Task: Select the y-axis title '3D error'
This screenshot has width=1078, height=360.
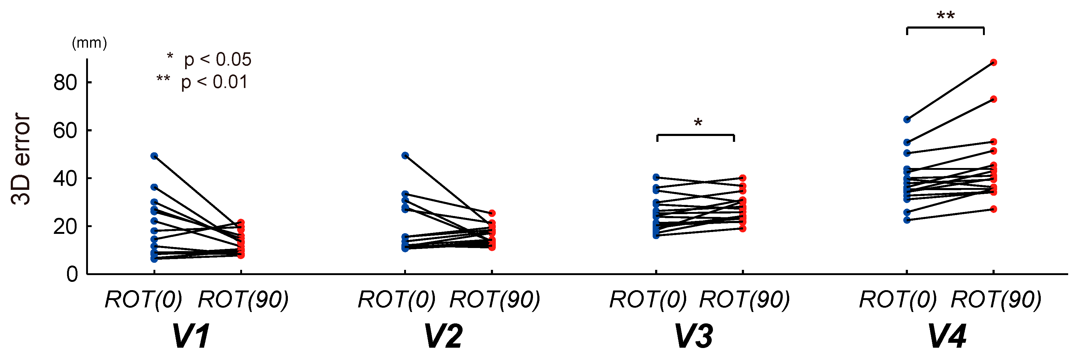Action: click(21, 159)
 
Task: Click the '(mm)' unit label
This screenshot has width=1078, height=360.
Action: click(89, 43)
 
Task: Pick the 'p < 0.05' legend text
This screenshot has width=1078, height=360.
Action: click(218, 60)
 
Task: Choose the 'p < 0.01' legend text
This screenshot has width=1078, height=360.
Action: click(214, 82)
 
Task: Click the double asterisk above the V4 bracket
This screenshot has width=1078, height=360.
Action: click(945, 16)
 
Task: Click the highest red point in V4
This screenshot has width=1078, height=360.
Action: click(993, 63)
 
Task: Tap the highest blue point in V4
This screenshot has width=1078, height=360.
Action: click(907, 120)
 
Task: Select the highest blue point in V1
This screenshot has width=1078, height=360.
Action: click(154, 156)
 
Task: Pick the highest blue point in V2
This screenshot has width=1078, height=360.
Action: click(405, 156)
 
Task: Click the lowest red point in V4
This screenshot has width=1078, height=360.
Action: click(993, 209)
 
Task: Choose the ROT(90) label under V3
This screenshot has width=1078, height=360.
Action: click(745, 300)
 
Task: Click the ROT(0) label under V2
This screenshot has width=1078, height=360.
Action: click(397, 300)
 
